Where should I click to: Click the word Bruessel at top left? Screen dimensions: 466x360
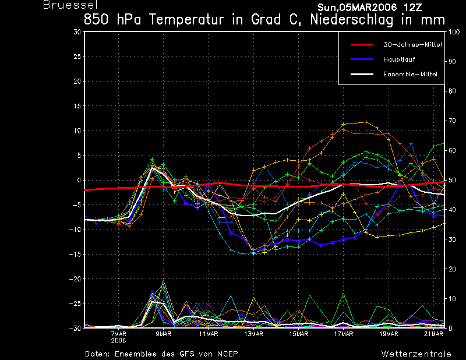point(70,5)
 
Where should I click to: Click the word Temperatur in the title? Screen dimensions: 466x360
point(186,20)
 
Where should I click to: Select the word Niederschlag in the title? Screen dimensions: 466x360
point(352,20)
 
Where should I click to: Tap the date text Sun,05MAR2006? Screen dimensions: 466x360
point(357,8)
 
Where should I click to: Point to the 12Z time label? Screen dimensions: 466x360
point(413,8)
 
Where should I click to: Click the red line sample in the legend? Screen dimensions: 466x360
point(362,45)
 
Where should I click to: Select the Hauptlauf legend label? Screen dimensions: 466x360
point(399,59)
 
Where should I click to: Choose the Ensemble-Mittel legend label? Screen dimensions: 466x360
point(410,74)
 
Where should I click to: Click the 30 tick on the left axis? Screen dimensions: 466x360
point(77,32)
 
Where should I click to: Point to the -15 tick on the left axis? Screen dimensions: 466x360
point(75,254)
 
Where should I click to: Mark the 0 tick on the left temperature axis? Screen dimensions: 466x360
point(79,180)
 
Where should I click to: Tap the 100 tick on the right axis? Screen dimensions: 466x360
point(454,32)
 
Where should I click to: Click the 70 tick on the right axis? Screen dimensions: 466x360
point(452,121)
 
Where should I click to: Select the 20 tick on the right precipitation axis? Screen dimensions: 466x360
point(452,269)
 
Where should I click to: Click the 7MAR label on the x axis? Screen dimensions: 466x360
point(119,334)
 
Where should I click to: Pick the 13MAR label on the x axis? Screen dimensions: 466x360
point(253,334)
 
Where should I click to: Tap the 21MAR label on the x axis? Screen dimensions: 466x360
point(433,334)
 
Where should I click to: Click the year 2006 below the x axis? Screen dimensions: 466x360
point(119,341)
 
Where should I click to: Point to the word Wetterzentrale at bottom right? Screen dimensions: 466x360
point(416,354)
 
